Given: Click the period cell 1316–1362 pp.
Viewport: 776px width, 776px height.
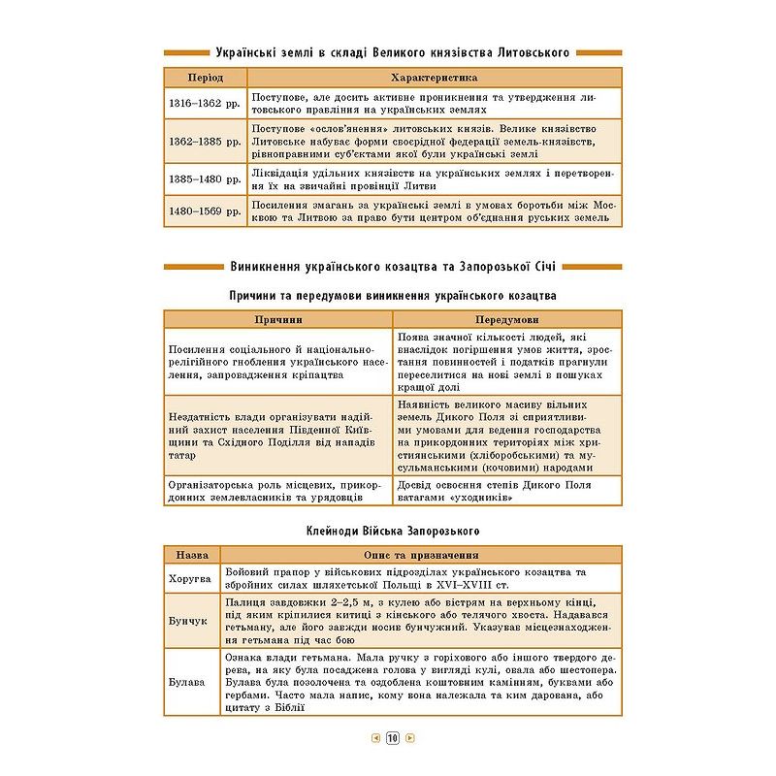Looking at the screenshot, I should point(204,103).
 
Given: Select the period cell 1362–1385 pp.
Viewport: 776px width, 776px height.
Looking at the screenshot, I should point(204,141).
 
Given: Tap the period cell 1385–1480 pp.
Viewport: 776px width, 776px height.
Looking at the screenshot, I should point(204,178).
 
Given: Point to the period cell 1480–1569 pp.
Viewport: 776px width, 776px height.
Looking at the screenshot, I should point(204,211).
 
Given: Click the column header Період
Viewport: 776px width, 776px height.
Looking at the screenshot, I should point(204,78).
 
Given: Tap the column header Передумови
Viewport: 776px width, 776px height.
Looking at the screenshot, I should point(507,319).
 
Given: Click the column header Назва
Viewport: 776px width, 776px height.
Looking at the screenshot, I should point(191,555).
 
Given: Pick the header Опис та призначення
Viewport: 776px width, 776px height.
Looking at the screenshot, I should point(420,555).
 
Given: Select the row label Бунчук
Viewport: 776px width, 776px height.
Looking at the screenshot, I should point(191,621).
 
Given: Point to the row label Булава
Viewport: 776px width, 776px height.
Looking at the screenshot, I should point(191,682).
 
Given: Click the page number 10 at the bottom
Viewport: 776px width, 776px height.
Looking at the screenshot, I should point(392,738).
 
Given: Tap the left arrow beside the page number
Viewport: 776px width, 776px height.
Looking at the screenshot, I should point(375,738).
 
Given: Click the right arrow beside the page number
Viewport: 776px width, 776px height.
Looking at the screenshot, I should point(409,738).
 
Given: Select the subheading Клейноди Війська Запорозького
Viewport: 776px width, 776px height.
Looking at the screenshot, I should point(392,531).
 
